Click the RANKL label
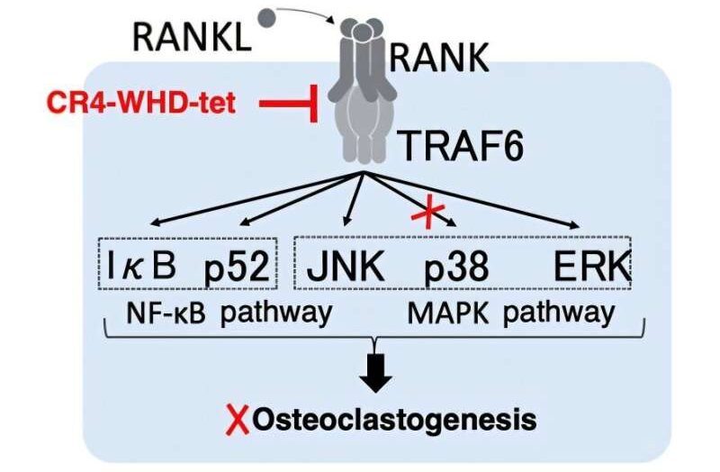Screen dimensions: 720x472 pos(192,37)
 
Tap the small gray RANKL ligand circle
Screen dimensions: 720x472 pos(267,18)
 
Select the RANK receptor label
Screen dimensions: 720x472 pos(439,58)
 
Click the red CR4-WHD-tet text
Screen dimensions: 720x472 pos(141,103)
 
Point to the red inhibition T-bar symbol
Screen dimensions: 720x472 pos(289,104)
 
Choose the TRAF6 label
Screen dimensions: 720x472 pos(462,146)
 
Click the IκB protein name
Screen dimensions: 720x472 pos(141,266)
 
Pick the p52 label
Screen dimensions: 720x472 pos(237,267)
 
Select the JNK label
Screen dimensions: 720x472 pos(345,266)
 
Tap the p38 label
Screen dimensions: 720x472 pos(455,268)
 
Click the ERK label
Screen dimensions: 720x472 pos(591,266)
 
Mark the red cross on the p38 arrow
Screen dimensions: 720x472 pos(428,213)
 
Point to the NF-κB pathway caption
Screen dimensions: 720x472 pos(229,313)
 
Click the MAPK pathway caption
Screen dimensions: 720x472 pos(510,313)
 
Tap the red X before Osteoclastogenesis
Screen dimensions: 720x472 pos(238,420)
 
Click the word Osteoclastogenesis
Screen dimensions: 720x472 pos(394,420)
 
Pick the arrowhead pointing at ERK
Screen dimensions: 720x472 pos(574,225)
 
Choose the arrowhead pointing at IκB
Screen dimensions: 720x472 pos(155,223)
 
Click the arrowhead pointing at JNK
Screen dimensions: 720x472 pos(347,222)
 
